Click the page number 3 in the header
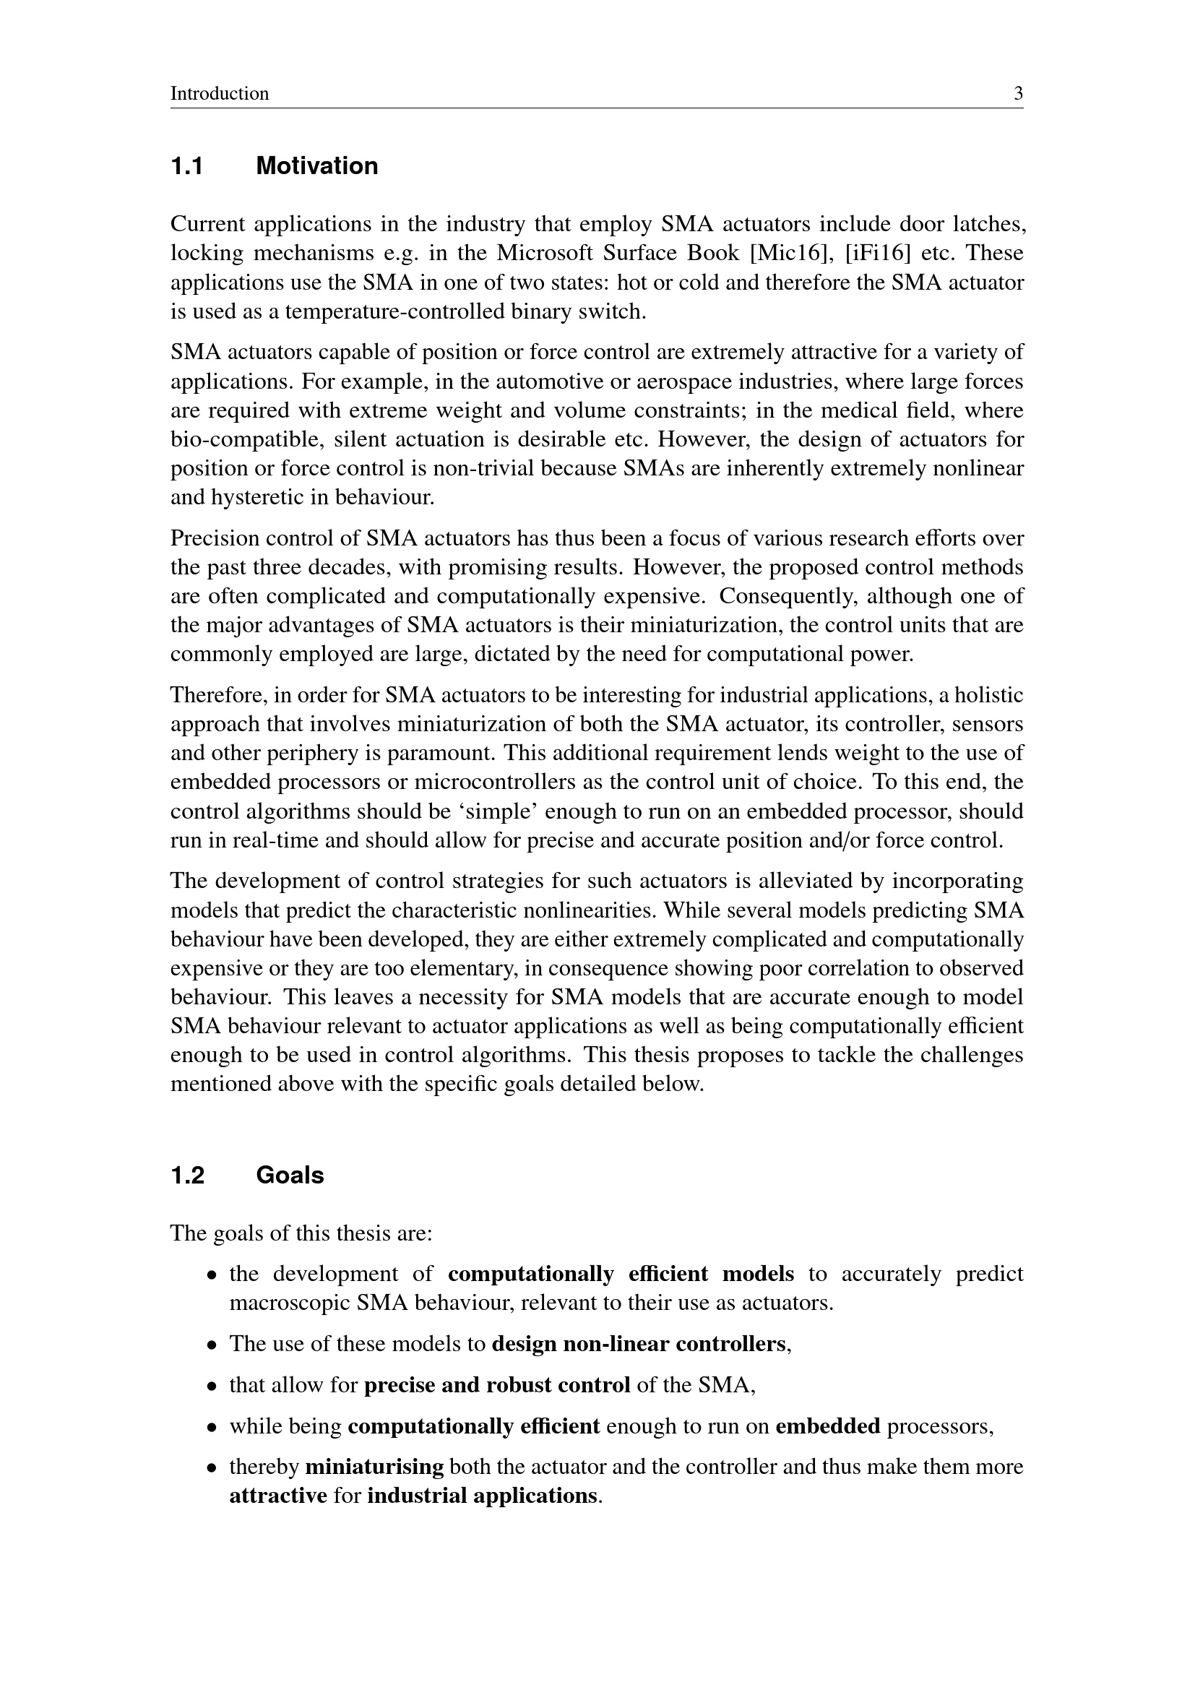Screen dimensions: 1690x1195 point(1019,94)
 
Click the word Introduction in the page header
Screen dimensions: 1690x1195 point(220,94)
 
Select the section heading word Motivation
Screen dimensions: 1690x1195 point(316,166)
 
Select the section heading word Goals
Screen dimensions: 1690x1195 point(290,1176)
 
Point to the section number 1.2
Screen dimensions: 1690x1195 point(188,1176)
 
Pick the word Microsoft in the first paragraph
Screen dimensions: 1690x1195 point(541,253)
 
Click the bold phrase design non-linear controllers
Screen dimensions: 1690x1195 point(639,1345)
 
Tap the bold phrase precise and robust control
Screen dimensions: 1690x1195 point(497,1385)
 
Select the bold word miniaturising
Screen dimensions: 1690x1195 point(374,1467)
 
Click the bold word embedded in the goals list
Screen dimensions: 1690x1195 point(828,1426)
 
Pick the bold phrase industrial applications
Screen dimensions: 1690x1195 point(482,1496)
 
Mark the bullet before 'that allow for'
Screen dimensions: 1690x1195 point(212,1387)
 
